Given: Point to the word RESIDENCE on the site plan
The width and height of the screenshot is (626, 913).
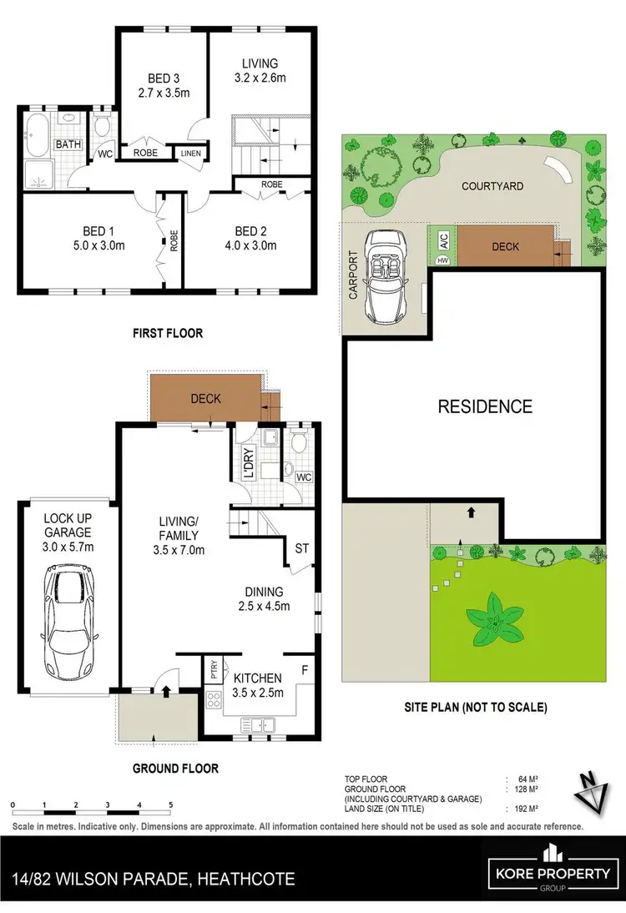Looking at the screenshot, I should click(x=485, y=406).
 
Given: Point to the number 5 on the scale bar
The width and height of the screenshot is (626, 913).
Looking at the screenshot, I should click(x=170, y=805).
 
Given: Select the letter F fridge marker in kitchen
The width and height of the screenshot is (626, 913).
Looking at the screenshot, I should click(x=304, y=669).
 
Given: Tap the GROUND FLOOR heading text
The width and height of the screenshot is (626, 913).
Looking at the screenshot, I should click(x=176, y=768).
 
